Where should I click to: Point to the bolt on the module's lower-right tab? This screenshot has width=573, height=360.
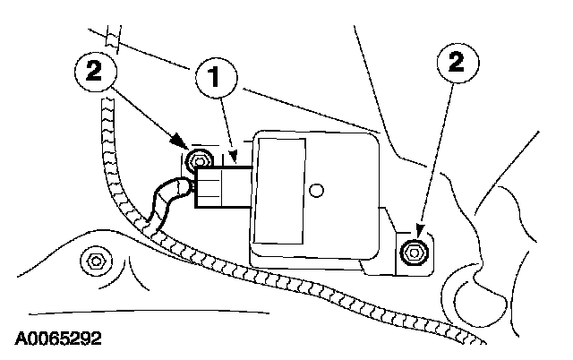pos(413,252)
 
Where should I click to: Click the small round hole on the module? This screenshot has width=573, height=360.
pos(316,189)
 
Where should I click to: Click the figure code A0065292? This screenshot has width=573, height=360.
pos(57,339)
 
